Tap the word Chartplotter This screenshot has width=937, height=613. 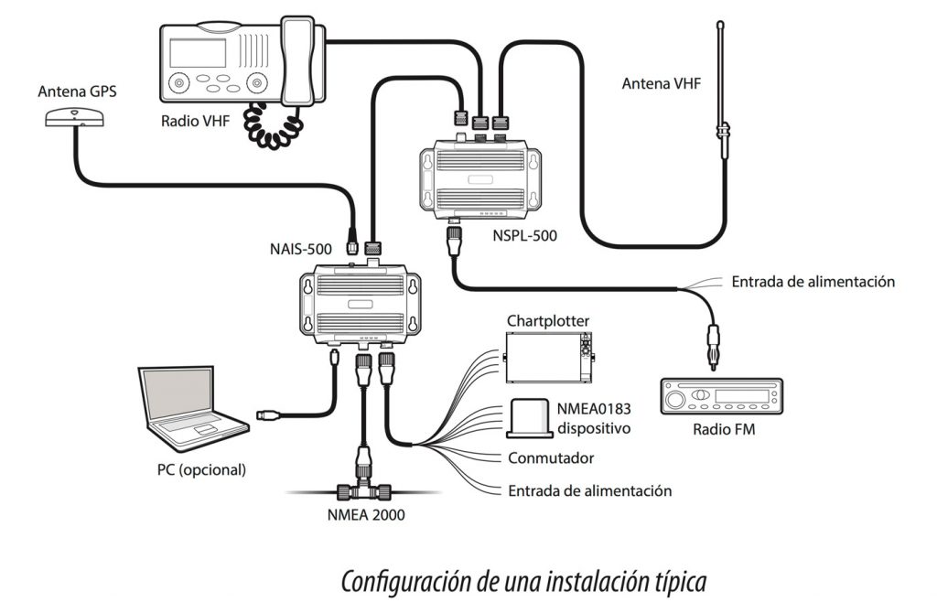click(x=548, y=321)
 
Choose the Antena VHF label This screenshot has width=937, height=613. click(x=662, y=83)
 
